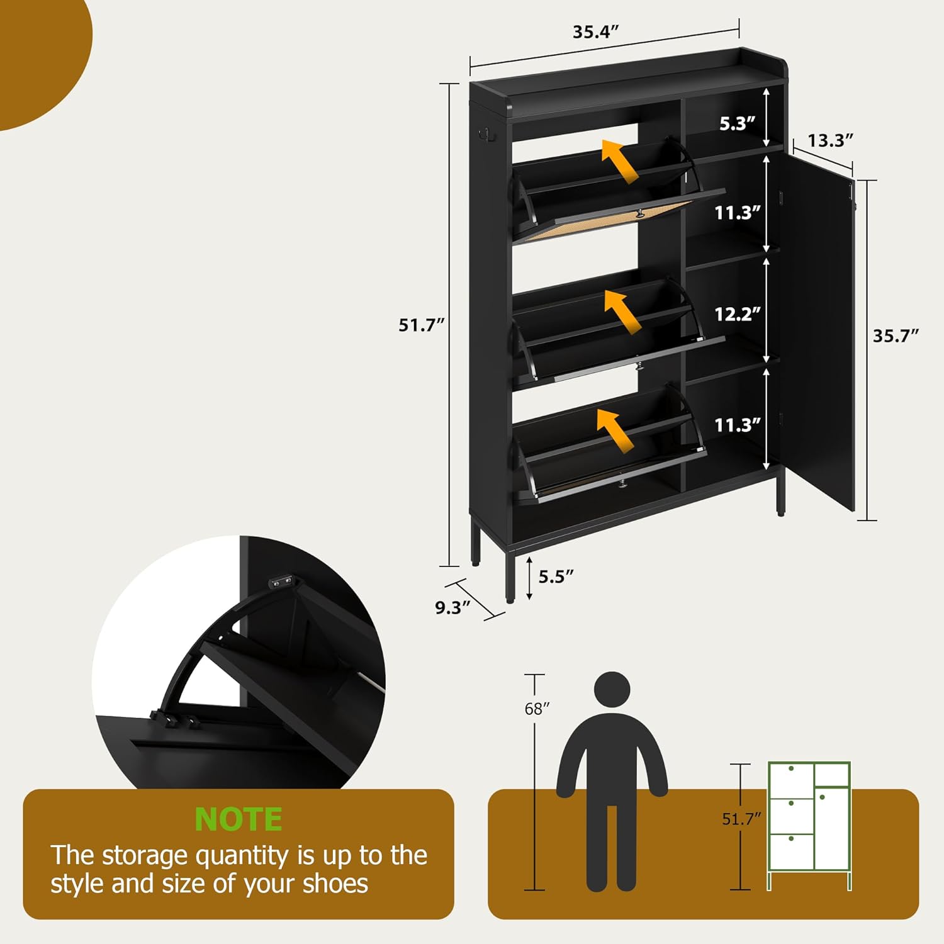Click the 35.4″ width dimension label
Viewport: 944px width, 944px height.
(x=595, y=32)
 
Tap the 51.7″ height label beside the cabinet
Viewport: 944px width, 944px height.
(x=421, y=325)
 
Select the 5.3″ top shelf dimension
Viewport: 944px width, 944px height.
(x=737, y=123)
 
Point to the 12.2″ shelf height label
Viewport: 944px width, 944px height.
(x=737, y=313)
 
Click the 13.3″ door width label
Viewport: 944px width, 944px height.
(x=830, y=140)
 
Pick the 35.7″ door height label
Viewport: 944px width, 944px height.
(x=895, y=335)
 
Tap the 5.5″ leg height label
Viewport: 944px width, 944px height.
(x=556, y=576)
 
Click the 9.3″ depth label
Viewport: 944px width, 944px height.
(x=452, y=607)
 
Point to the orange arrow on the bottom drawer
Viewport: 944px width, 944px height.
(x=615, y=430)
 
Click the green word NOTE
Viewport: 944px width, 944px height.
(x=239, y=819)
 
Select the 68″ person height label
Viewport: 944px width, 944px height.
(x=537, y=709)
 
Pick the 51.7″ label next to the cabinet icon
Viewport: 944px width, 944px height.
(x=741, y=819)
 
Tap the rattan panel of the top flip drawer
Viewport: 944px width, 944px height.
(x=604, y=221)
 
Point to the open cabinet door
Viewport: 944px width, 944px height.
(x=818, y=334)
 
